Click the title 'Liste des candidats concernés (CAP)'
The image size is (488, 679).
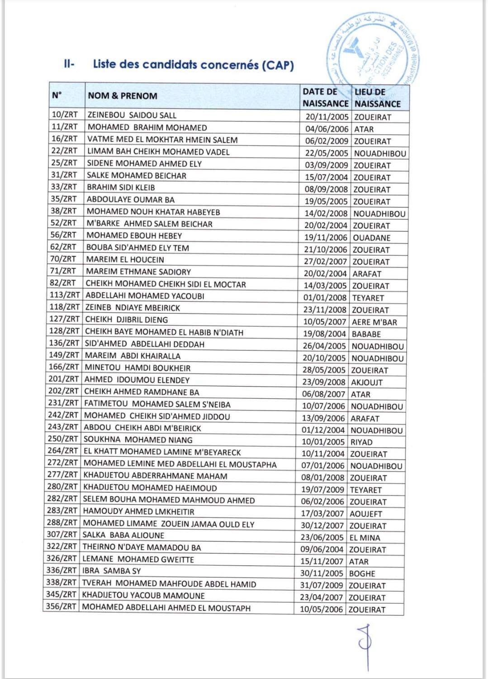tap(193, 65)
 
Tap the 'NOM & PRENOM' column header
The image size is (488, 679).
tap(123, 96)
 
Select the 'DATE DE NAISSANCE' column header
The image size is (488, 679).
tap(325, 97)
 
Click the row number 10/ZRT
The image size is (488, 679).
tap(64, 115)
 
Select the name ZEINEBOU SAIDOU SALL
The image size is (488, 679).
tap(132, 115)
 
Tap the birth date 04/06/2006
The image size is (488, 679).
tap(327, 129)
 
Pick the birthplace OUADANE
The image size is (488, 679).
tap(371, 238)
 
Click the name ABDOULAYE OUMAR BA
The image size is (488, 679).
tap(130, 200)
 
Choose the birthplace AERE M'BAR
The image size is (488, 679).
tap(374, 322)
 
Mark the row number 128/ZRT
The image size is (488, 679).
tap(64, 331)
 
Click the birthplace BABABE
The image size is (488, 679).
tap(366, 334)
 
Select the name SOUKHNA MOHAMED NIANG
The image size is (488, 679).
tap(137, 440)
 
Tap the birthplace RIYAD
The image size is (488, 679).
tap(361, 442)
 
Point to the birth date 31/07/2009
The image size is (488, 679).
tap(322, 585)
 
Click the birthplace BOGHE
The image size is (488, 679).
tap(362, 574)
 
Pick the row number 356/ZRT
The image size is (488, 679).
tap(61, 607)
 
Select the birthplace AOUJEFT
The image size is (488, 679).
tap(365, 514)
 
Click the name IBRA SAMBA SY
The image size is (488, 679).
tap(111, 571)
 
